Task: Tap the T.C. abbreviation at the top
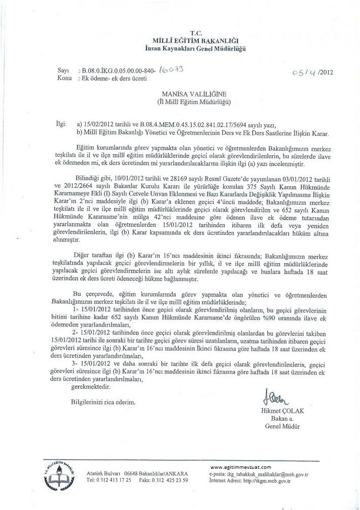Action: [x=195, y=32]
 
